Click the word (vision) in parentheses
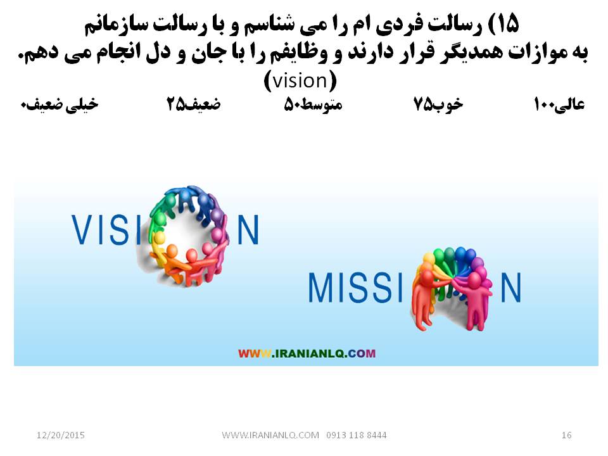(300, 81)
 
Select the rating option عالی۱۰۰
(559, 104)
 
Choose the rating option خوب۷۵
(438, 104)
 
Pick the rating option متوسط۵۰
(313, 104)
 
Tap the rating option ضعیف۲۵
(194, 104)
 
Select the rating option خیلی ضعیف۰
(60, 104)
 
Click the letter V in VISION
(80, 229)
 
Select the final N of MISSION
(510, 288)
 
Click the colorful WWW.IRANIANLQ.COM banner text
(307, 353)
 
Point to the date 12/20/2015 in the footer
(61, 435)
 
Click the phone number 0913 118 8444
(357, 435)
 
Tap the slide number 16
(566, 435)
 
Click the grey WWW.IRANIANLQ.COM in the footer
(270, 435)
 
